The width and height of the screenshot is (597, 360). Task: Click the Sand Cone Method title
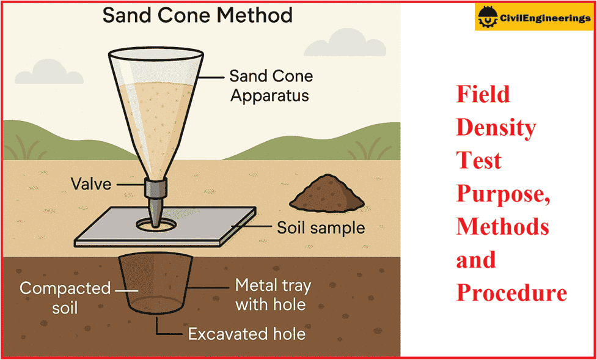(x=197, y=15)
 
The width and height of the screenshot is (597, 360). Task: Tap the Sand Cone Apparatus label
(x=271, y=86)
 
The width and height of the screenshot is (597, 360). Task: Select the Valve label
(x=91, y=183)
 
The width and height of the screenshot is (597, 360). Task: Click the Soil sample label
(x=321, y=229)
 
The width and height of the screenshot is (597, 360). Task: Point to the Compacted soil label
(x=65, y=297)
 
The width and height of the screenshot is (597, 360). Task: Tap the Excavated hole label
(x=247, y=334)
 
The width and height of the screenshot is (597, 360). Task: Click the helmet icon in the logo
(x=488, y=18)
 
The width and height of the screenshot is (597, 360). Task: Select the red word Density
(x=496, y=127)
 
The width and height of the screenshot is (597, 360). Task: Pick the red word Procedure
(x=511, y=293)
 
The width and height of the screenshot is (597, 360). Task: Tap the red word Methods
(x=502, y=227)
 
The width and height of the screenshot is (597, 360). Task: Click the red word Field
(x=483, y=94)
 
